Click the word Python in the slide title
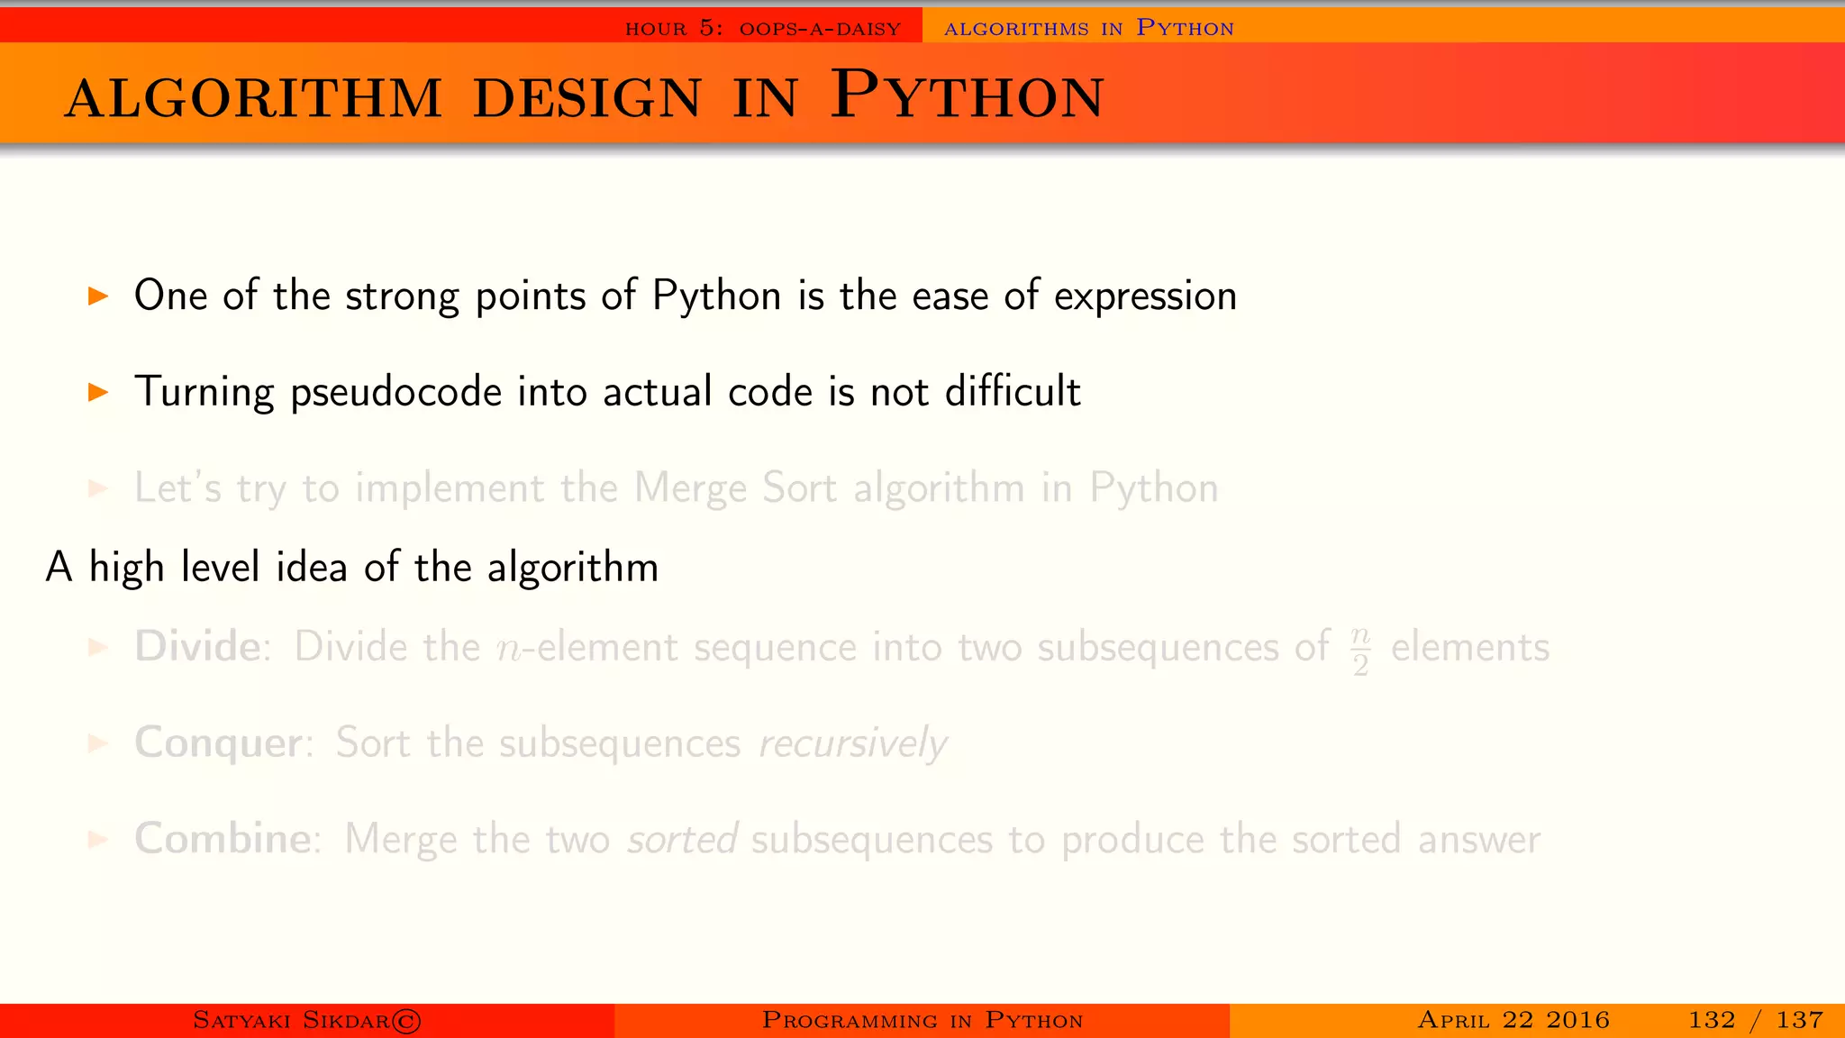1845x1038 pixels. coord(967,95)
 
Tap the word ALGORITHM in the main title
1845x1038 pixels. coord(254,98)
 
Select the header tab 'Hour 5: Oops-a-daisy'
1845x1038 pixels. coord(763,28)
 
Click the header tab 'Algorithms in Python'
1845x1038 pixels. coord(1088,28)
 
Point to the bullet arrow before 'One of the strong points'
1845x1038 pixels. coord(98,296)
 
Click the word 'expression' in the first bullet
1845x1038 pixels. coord(1145,296)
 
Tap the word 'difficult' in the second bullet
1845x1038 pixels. coord(1013,391)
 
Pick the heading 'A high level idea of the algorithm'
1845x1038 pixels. coord(352,568)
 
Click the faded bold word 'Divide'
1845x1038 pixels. coord(197,647)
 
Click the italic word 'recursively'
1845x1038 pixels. coord(852,744)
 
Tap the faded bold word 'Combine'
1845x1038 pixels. coord(223,839)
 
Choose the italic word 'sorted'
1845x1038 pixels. coord(683,840)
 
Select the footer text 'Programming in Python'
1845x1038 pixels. coord(922,1020)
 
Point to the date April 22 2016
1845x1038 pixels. coord(1513,1020)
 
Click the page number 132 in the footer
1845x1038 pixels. coord(1711,1020)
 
